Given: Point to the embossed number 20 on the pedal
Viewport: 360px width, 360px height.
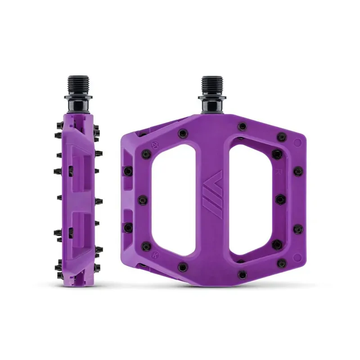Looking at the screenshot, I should (154, 145).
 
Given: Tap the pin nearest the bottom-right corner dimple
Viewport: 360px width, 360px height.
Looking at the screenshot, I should (278, 245).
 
